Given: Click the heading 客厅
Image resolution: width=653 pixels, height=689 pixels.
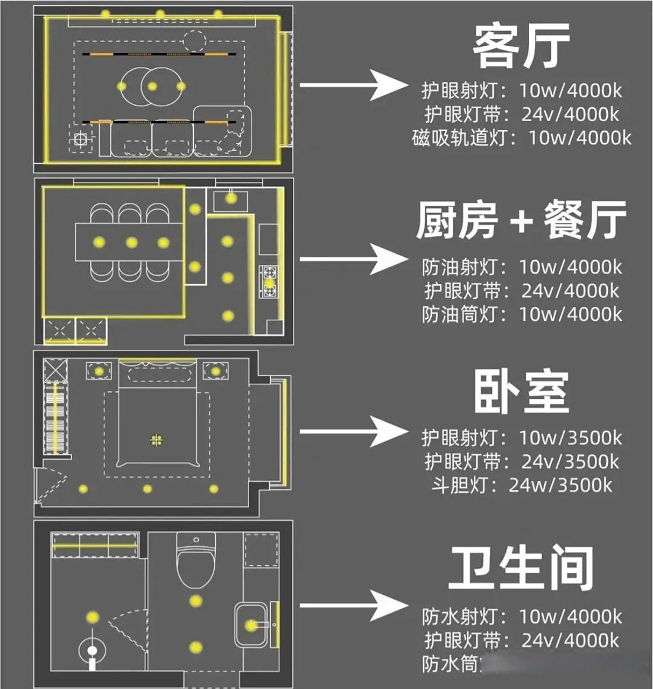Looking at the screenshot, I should click(x=521, y=47).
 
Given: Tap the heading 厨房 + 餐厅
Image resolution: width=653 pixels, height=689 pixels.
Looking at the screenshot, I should click(x=521, y=220).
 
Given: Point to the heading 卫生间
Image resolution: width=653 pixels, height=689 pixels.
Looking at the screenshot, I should click(x=521, y=567).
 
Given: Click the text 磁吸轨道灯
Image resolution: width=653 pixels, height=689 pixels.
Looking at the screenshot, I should click(x=459, y=138).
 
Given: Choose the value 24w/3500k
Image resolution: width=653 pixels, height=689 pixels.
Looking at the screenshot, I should click(x=560, y=486).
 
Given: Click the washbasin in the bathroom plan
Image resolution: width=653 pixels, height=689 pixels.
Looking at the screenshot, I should click(x=251, y=625).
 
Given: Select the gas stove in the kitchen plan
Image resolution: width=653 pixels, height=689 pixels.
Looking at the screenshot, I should click(x=269, y=282).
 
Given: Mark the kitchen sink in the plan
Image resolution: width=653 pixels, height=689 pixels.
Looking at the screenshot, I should click(x=231, y=201).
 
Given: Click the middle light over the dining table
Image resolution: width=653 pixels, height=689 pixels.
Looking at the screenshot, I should click(x=131, y=243).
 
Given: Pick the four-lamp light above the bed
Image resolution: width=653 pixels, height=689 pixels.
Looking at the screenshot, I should click(x=156, y=440).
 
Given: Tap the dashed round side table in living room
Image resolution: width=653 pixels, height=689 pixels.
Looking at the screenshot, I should click(x=195, y=40).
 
